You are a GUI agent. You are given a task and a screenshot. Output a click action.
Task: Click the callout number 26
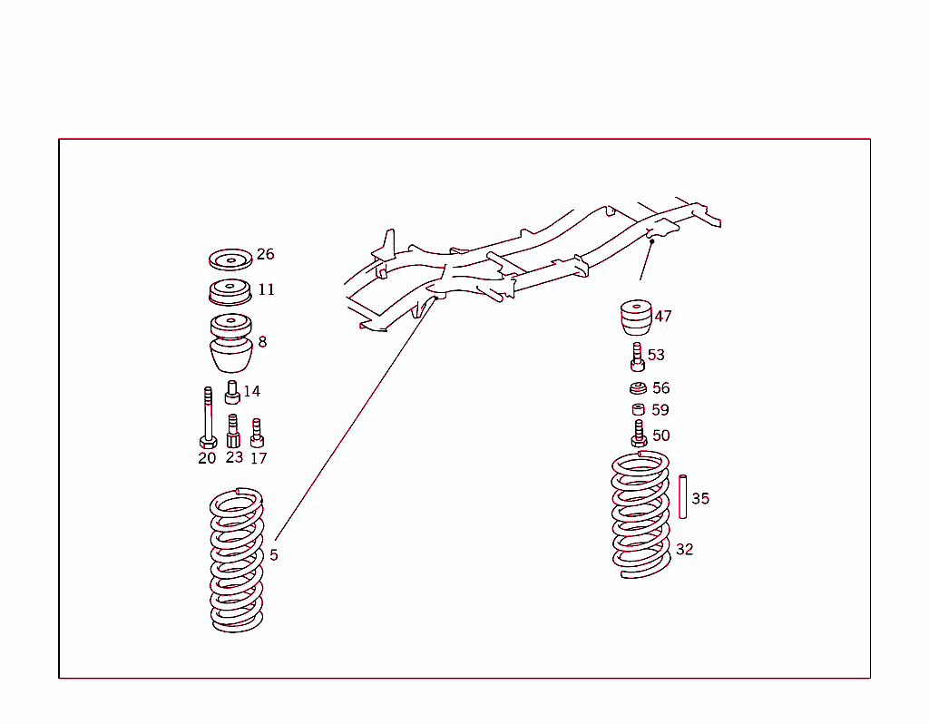pos(265,254)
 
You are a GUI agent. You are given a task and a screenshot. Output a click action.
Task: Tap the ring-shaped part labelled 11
pos(230,293)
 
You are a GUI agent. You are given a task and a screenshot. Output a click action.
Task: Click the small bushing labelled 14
pos(232,394)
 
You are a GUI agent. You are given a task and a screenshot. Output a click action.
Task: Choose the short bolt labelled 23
pos(233,430)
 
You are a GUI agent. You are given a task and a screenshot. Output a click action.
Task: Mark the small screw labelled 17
pos(257,432)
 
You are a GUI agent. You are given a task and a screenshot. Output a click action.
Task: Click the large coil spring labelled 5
pos(237,560)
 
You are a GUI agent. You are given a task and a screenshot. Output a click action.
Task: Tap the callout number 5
pos(274,555)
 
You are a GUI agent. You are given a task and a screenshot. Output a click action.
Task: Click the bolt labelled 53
pos(637,357)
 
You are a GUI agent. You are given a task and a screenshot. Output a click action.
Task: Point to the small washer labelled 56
pos(638,389)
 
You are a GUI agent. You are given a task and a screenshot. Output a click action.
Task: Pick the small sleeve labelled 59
pos(639,410)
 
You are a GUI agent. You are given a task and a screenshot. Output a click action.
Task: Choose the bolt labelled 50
pos(639,433)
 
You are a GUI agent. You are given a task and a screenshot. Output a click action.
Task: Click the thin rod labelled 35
pos(682,496)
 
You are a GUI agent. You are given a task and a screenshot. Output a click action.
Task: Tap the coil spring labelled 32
pos(641,515)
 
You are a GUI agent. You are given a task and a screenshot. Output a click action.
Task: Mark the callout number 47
pos(663,317)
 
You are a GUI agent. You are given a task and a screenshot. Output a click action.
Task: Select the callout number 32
pos(684,549)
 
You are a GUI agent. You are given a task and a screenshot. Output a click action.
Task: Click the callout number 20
pos(207,458)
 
